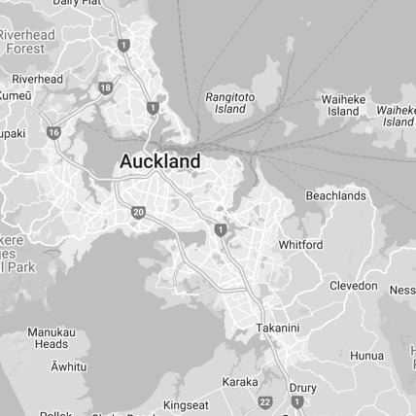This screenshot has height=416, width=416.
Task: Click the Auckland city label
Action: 160,161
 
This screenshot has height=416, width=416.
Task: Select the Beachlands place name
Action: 335,195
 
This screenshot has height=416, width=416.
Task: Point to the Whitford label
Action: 300,245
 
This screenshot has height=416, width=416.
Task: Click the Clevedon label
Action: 353,286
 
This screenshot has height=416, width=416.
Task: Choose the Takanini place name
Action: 278,329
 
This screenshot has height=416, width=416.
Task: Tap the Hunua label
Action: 366,356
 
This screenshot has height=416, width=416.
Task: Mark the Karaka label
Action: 240,382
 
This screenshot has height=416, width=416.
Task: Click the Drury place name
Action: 303,388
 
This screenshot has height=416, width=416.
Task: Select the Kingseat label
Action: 186,404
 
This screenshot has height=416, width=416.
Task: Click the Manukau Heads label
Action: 52,337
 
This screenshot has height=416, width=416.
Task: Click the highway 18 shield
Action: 105,88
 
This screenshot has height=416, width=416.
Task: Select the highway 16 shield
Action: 52,131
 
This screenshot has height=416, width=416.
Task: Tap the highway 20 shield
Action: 138,212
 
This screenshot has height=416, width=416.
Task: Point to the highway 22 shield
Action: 265,401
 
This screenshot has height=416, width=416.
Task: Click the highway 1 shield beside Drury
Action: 297,400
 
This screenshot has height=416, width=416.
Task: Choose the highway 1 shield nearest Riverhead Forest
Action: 123,45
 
